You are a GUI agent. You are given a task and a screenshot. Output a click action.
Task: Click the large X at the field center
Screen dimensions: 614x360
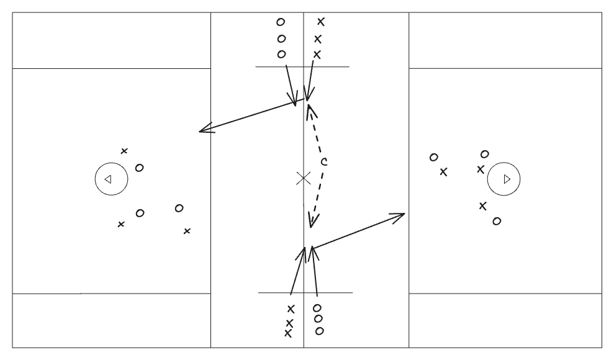coord(304,178)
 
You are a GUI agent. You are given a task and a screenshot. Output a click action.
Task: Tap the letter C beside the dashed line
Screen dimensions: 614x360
coord(324,161)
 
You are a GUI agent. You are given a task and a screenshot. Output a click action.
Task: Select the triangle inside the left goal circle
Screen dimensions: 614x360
coord(108,179)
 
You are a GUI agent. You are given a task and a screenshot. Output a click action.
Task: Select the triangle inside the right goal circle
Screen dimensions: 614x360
coord(507,179)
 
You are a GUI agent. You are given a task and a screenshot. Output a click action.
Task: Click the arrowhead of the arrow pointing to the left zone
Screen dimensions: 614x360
coord(200,131)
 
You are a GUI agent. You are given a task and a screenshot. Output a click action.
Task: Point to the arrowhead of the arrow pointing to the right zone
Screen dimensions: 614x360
coord(404,214)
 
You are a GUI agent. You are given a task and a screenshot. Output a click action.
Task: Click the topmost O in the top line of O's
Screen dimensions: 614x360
coord(281,22)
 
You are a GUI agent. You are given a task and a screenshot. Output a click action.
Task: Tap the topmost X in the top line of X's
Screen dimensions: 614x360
coord(321,22)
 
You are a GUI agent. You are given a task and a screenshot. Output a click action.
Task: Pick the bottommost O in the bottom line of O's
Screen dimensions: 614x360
coord(320,331)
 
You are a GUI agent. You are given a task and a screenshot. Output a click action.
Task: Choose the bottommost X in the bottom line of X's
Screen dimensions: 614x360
coord(288,333)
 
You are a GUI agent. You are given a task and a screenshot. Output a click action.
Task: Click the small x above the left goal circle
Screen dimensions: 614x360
coord(124,151)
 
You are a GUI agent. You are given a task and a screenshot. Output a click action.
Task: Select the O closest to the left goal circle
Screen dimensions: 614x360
coord(140,168)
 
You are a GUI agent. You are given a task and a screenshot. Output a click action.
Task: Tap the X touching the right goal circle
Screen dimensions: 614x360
coord(481,169)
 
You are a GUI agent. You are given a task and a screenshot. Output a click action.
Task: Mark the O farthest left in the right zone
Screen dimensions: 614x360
coord(433,157)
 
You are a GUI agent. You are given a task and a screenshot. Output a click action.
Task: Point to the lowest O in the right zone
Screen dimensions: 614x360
coord(497,222)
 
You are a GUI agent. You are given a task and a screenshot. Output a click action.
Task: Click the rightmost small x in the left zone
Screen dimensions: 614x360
coord(187,232)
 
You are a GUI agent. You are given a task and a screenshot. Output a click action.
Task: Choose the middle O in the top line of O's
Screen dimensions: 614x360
coord(281,38)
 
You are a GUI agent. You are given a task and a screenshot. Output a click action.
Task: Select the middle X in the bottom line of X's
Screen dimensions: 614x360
coord(290,323)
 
